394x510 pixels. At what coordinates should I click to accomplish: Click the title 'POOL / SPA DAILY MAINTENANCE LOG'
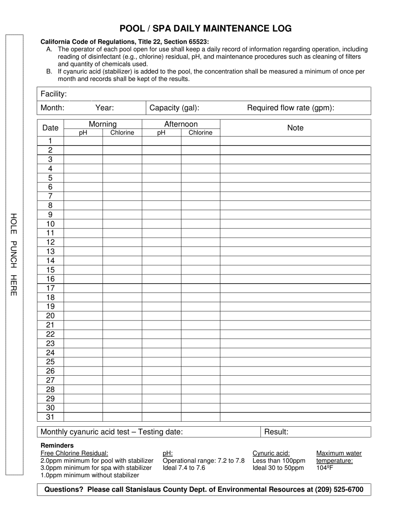pos(205,29)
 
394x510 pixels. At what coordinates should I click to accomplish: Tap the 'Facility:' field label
pos(54,94)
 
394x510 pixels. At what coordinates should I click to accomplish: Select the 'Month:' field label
pos(52,108)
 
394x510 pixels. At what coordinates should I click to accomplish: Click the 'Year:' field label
pos(105,108)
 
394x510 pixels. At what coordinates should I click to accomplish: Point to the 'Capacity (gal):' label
pos(174,108)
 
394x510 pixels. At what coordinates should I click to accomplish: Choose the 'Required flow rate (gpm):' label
pos(291,108)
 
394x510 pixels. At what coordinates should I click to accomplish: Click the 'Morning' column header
pos(102,124)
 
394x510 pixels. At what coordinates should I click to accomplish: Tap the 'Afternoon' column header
pos(181,124)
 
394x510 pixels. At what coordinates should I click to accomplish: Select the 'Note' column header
pos(295,128)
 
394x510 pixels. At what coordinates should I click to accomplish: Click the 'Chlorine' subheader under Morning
pos(122,133)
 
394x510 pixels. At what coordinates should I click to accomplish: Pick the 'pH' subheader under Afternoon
pos(161,133)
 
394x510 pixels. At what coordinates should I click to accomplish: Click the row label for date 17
pos(51,288)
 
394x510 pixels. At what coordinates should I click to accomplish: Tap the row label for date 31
pos(51,417)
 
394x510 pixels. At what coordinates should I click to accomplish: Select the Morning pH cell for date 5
pos(83,178)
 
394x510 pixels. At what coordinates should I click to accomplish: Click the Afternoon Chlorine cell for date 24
pos(200,353)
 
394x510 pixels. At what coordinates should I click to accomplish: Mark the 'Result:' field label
pos(276,432)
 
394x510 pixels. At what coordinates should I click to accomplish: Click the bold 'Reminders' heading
pos(57,446)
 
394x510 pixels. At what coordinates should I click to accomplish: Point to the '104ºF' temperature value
pos(325,468)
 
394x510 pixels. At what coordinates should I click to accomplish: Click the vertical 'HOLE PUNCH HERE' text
pos(13,254)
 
